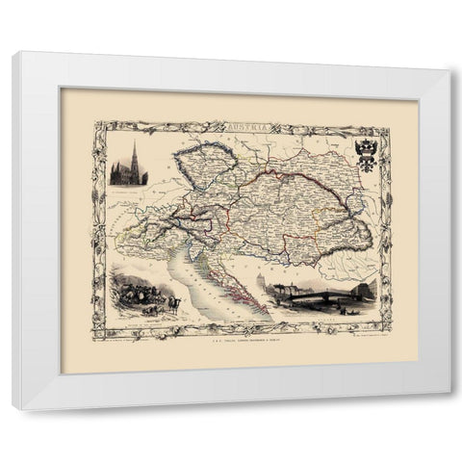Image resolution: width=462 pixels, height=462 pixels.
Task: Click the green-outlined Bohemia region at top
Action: point(207,168)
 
